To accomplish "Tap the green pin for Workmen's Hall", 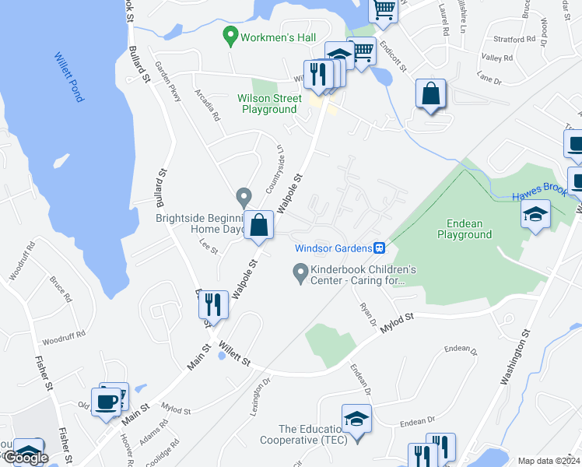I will coord(230,35).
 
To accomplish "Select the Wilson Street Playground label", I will coord(269,104).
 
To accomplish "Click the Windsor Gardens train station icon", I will coord(379,248).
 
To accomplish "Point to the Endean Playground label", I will coord(464,229).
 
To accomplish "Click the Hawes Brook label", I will coord(537,198).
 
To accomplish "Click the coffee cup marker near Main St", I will coord(106,402).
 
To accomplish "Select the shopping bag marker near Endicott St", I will coord(429,94).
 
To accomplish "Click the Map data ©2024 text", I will coord(548,461).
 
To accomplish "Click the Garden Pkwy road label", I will coord(168,82).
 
